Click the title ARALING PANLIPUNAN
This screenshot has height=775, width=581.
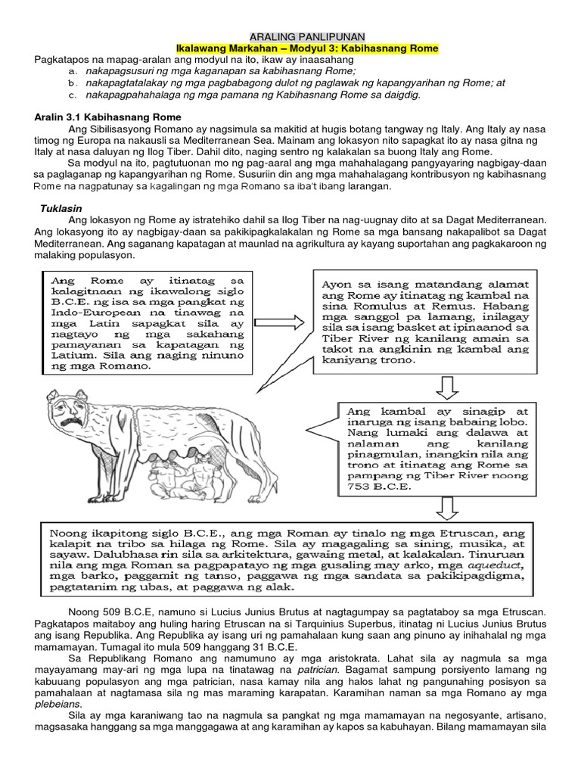coord(307,36)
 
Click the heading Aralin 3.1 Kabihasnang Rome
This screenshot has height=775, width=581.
coord(108,117)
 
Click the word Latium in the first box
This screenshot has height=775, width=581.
coord(66,353)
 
